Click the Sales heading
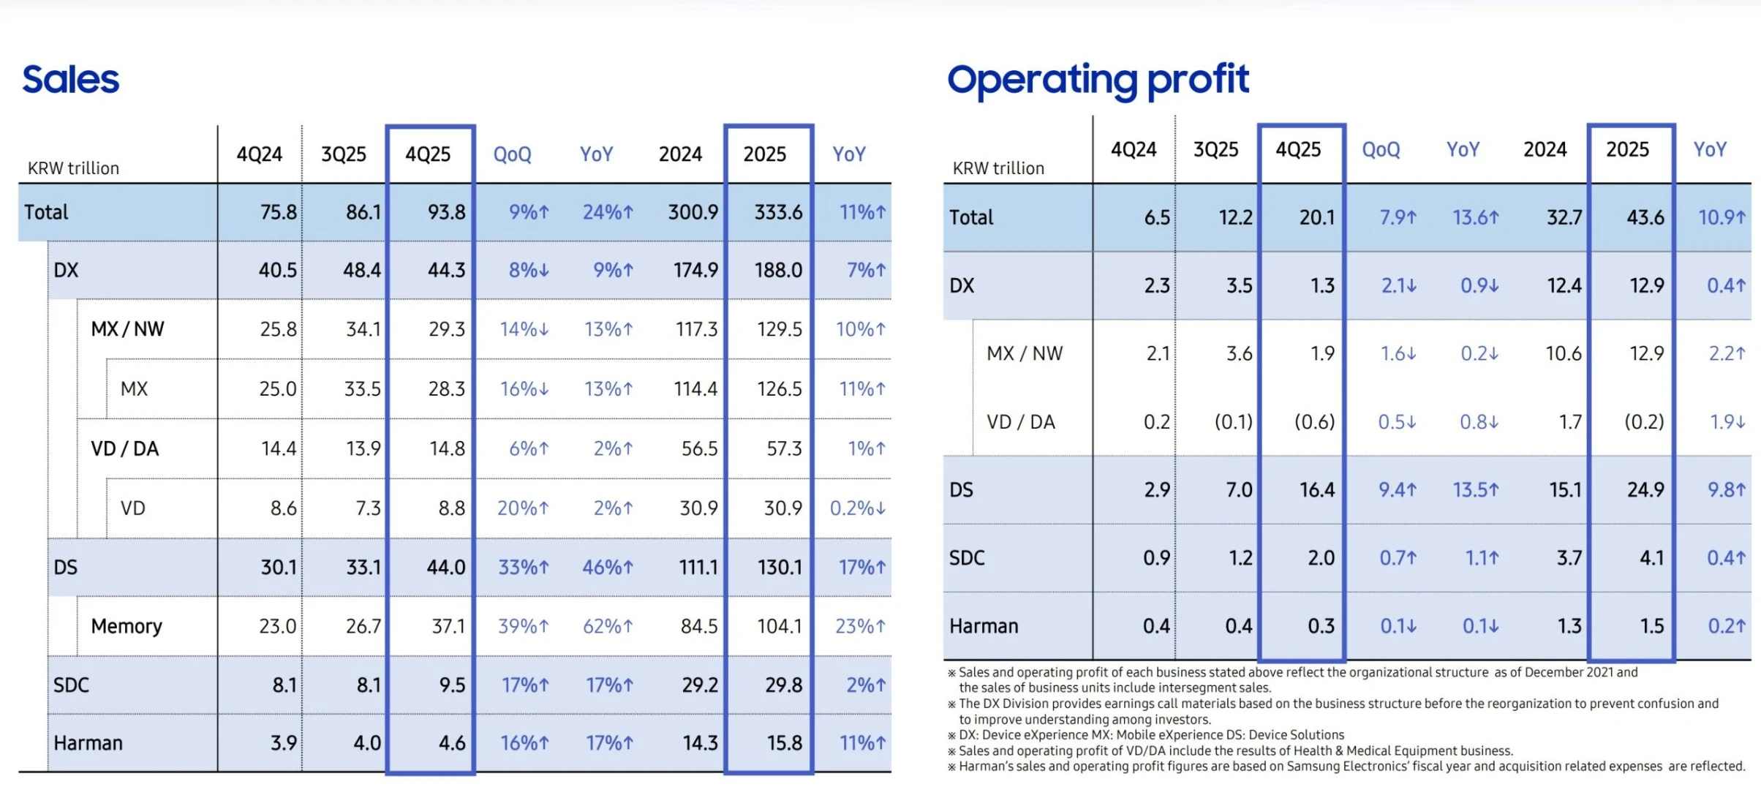pyautogui.click(x=70, y=80)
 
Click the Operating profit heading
pyautogui.click(x=1098, y=80)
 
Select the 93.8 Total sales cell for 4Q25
pyautogui.click(x=446, y=212)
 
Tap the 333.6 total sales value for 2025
pyautogui.click(x=778, y=212)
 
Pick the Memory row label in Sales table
pyautogui.click(x=127, y=626)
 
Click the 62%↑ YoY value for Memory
pyautogui.click(x=607, y=626)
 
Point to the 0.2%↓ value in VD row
pyautogui.click(x=857, y=508)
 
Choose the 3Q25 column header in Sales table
pyautogui.click(x=344, y=154)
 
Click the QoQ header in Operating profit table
pyautogui.click(x=1381, y=150)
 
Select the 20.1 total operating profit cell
pyautogui.click(x=1316, y=217)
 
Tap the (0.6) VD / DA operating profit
pyautogui.click(x=1314, y=422)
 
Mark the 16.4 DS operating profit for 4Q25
pyautogui.click(x=1316, y=489)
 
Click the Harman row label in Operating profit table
pyautogui.click(x=984, y=626)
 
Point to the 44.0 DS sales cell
pyautogui.click(x=446, y=567)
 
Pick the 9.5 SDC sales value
pyautogui.click(x=452, y=685)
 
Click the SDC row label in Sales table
pyautogui.click(x=71, y=685)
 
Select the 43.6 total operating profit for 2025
pyautogui.click(x=1645, y=217)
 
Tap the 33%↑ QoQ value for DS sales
pyautogui.click(x=523, y=567)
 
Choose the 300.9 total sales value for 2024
pyautogui.click(x=693, y=212)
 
